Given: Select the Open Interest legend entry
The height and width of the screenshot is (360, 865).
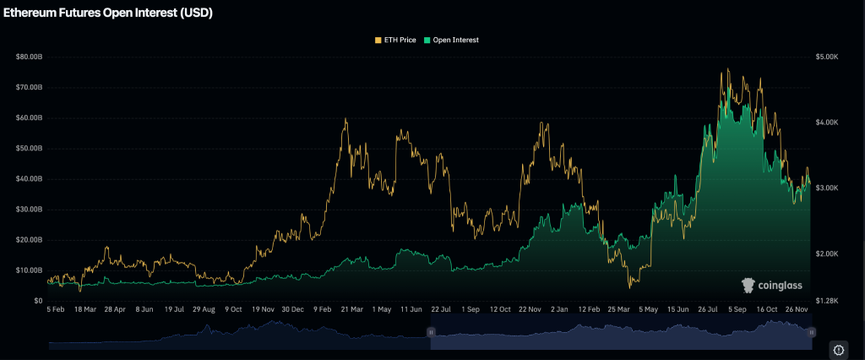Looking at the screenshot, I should click(x=455, y=40).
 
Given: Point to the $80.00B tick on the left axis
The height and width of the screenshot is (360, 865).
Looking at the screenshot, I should click(x=29, y=57).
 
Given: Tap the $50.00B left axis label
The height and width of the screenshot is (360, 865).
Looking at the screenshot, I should click(x=29, y=148).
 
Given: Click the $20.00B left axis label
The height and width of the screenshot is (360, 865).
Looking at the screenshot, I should click(x=29, y=240).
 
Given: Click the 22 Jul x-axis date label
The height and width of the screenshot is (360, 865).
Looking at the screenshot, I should click(x=442, y=310).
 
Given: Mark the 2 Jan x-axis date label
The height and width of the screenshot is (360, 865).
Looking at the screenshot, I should click(x=558, y=310).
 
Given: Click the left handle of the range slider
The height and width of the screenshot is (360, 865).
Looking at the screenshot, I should click(x=431, y=333).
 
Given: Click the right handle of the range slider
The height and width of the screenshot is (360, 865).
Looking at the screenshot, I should click(x=811, y=333).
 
